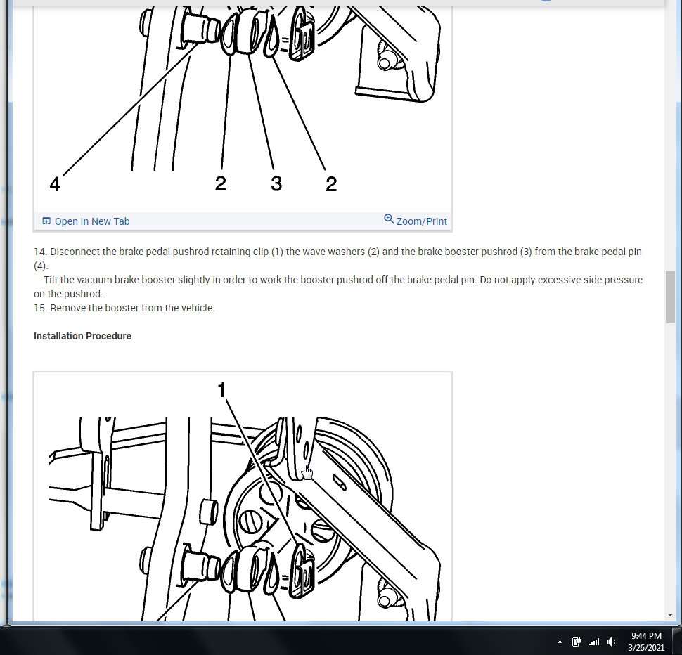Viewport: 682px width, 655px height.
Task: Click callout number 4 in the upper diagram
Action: (55, 184)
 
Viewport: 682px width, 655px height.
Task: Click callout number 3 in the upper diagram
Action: (276, 184)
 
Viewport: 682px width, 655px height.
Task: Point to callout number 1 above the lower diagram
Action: (222, 390)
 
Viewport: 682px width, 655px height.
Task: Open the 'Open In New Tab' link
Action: (91, 221)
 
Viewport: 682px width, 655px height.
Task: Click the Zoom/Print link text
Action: (421, 221)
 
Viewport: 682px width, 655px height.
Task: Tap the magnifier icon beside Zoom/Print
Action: (389, 219)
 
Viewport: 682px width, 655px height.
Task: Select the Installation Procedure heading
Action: (82, 336)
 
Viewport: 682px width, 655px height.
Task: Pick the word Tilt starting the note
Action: (51, 280)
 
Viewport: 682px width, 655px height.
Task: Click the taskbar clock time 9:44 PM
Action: (646, 636)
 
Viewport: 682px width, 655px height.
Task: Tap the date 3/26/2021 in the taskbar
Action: (646, 647)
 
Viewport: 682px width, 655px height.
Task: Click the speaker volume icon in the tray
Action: (611, 642)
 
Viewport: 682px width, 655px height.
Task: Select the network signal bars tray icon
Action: (594, 642)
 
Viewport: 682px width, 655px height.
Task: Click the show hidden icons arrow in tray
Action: (560, 642)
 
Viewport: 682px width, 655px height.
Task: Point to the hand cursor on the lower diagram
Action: (307, 472)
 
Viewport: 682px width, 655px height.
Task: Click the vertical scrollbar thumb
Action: (671, 296)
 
